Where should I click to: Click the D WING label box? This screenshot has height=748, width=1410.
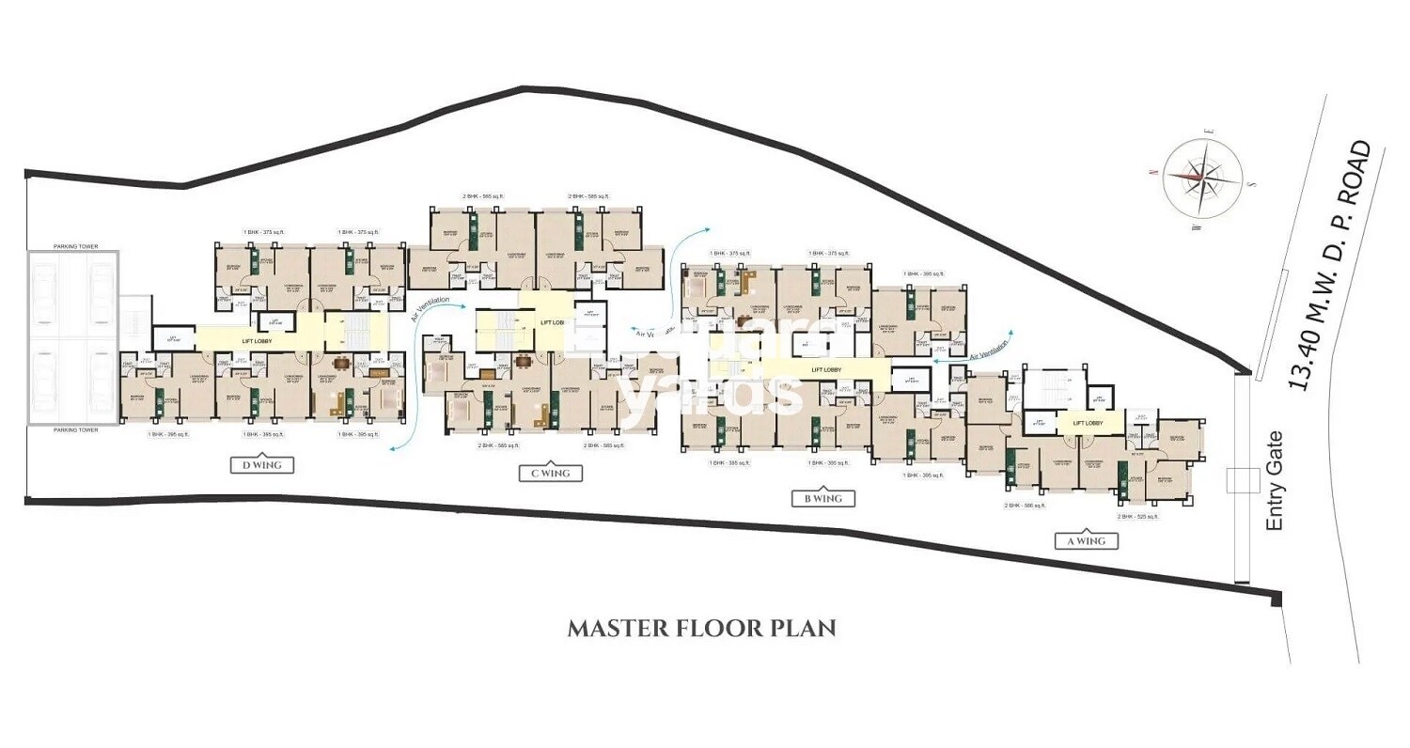point(262,464)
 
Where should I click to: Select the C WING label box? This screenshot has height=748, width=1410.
point(551,474)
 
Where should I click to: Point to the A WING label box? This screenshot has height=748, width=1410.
point(1086,540)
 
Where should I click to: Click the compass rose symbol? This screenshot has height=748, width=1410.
point(1202,176)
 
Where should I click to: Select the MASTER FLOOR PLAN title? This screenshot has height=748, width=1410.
point(701,628)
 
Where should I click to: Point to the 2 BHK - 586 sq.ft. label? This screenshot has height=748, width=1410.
point(1025,505)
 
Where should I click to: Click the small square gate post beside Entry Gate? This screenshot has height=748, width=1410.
point(1242,479)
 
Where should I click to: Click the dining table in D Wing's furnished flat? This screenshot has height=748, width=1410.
point(341,366)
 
